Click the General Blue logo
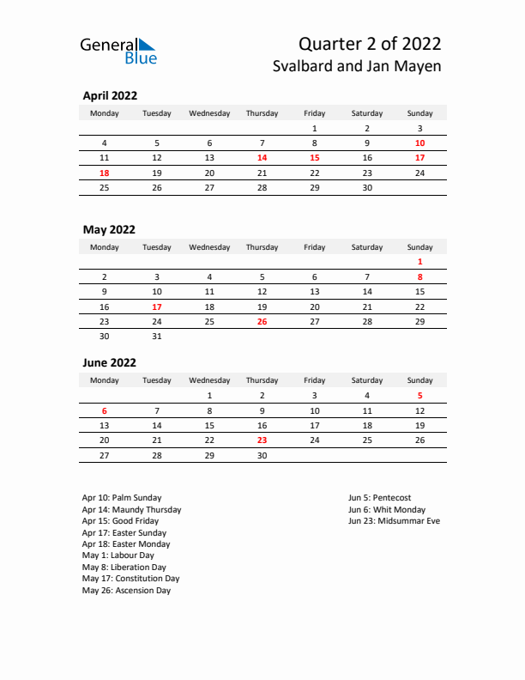(118, 51)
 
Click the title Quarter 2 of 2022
(371, 44)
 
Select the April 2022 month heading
(110, 96)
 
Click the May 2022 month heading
(109, 229)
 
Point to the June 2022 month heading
(110, 362)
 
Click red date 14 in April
(262, 158)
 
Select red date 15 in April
(315, 158)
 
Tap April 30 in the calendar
(367, 187)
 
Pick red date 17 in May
(156, 307)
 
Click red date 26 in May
(262, 321)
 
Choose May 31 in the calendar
(156, 337)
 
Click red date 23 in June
(262, 440)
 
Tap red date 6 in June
(105, 410)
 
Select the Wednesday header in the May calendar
(209, 247)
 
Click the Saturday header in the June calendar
(367, 380)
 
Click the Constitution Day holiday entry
(130, 579)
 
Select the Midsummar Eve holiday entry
(394, 521)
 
